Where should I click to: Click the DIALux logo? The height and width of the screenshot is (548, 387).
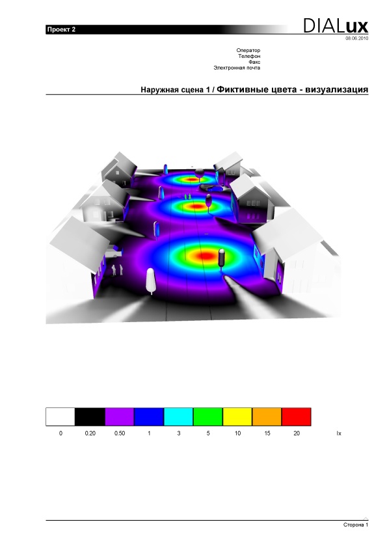pos(336,26)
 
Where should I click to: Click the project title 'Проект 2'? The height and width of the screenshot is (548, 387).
pos(61,29)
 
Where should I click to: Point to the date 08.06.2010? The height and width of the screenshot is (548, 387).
pos(356,38)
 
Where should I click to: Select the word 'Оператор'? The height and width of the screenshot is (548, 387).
pos(248,50)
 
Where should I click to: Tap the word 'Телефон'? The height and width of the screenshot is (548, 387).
pos(249,56)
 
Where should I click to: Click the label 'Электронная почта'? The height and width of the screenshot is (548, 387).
pos(237,68)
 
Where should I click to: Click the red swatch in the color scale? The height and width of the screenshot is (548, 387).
pos(296,417)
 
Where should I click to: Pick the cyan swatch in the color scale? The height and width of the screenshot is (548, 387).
pos(178,417)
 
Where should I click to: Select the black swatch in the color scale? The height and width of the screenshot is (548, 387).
pos(90,417)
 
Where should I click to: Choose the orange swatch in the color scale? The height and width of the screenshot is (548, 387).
pos(267,417)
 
